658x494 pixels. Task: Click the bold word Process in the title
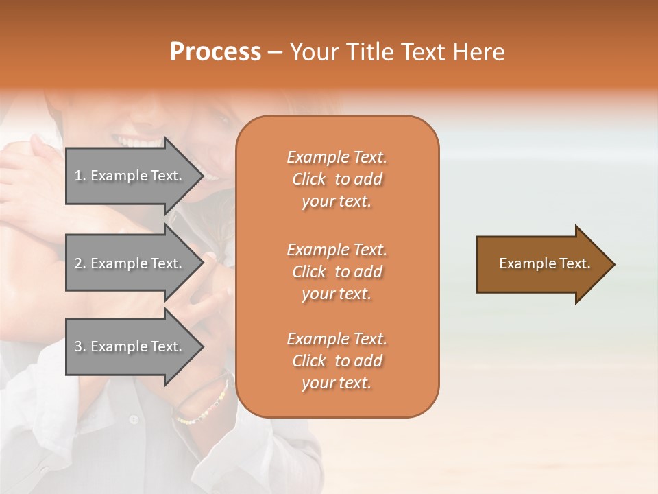[215, 52]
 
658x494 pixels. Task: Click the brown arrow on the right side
[541, 264]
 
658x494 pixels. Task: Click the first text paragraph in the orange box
[337, 179]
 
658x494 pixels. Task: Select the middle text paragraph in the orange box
[337, 272]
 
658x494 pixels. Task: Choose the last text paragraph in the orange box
[337, 361]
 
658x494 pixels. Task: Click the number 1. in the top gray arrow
[80, 176]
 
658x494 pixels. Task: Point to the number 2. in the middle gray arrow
[80, 263]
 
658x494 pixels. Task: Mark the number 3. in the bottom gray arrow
[80, 346]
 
